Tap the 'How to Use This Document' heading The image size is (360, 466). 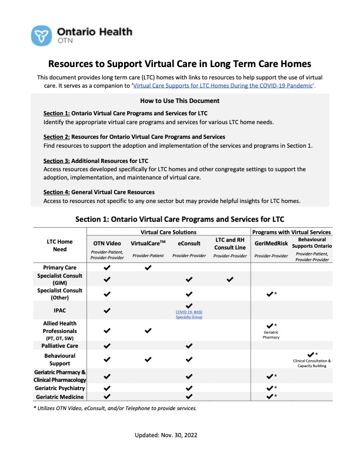click(x=179, y=101)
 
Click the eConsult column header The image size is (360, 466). click(x=189, y=242)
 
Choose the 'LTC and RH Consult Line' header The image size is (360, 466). click(x=229, y=242)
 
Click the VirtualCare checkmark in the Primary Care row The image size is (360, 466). click(x=148, y=268)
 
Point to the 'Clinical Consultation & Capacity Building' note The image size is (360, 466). click(x=312, y=363)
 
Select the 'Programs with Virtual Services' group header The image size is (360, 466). click(x=292, y=232)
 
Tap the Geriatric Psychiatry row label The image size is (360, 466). click(x=60, y=388)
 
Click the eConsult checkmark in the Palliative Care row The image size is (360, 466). click(x=189, y=346)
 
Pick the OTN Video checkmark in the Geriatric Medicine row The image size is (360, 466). click(x=107, y=397)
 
